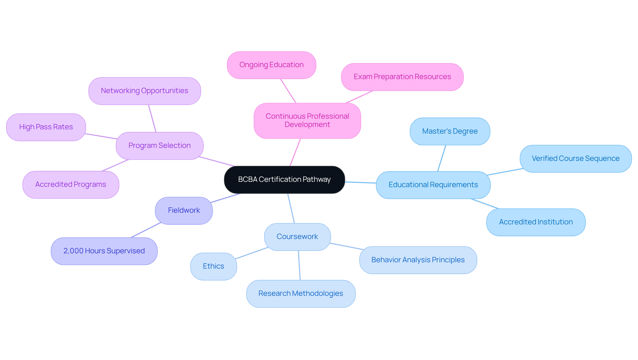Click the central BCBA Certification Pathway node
[284, 180]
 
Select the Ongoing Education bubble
[271, 65]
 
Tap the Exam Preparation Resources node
[402, 77]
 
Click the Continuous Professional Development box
[307, 120]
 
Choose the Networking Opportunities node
[145, 91]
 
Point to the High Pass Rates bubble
[46, 127]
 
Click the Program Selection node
[159, 146]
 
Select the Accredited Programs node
[71, 184]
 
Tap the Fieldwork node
[184, 210]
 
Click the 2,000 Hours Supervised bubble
[104, 251]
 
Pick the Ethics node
[213, 266]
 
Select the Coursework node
[297, 237]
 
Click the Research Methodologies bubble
[301, 294]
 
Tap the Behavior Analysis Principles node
[418, 260]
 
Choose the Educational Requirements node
[433, 185]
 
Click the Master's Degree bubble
[450, 131]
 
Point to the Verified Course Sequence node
[575, 159]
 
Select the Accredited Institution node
[536, 222]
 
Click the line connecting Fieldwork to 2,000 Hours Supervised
[146, 230]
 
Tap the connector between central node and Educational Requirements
[361, 182]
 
